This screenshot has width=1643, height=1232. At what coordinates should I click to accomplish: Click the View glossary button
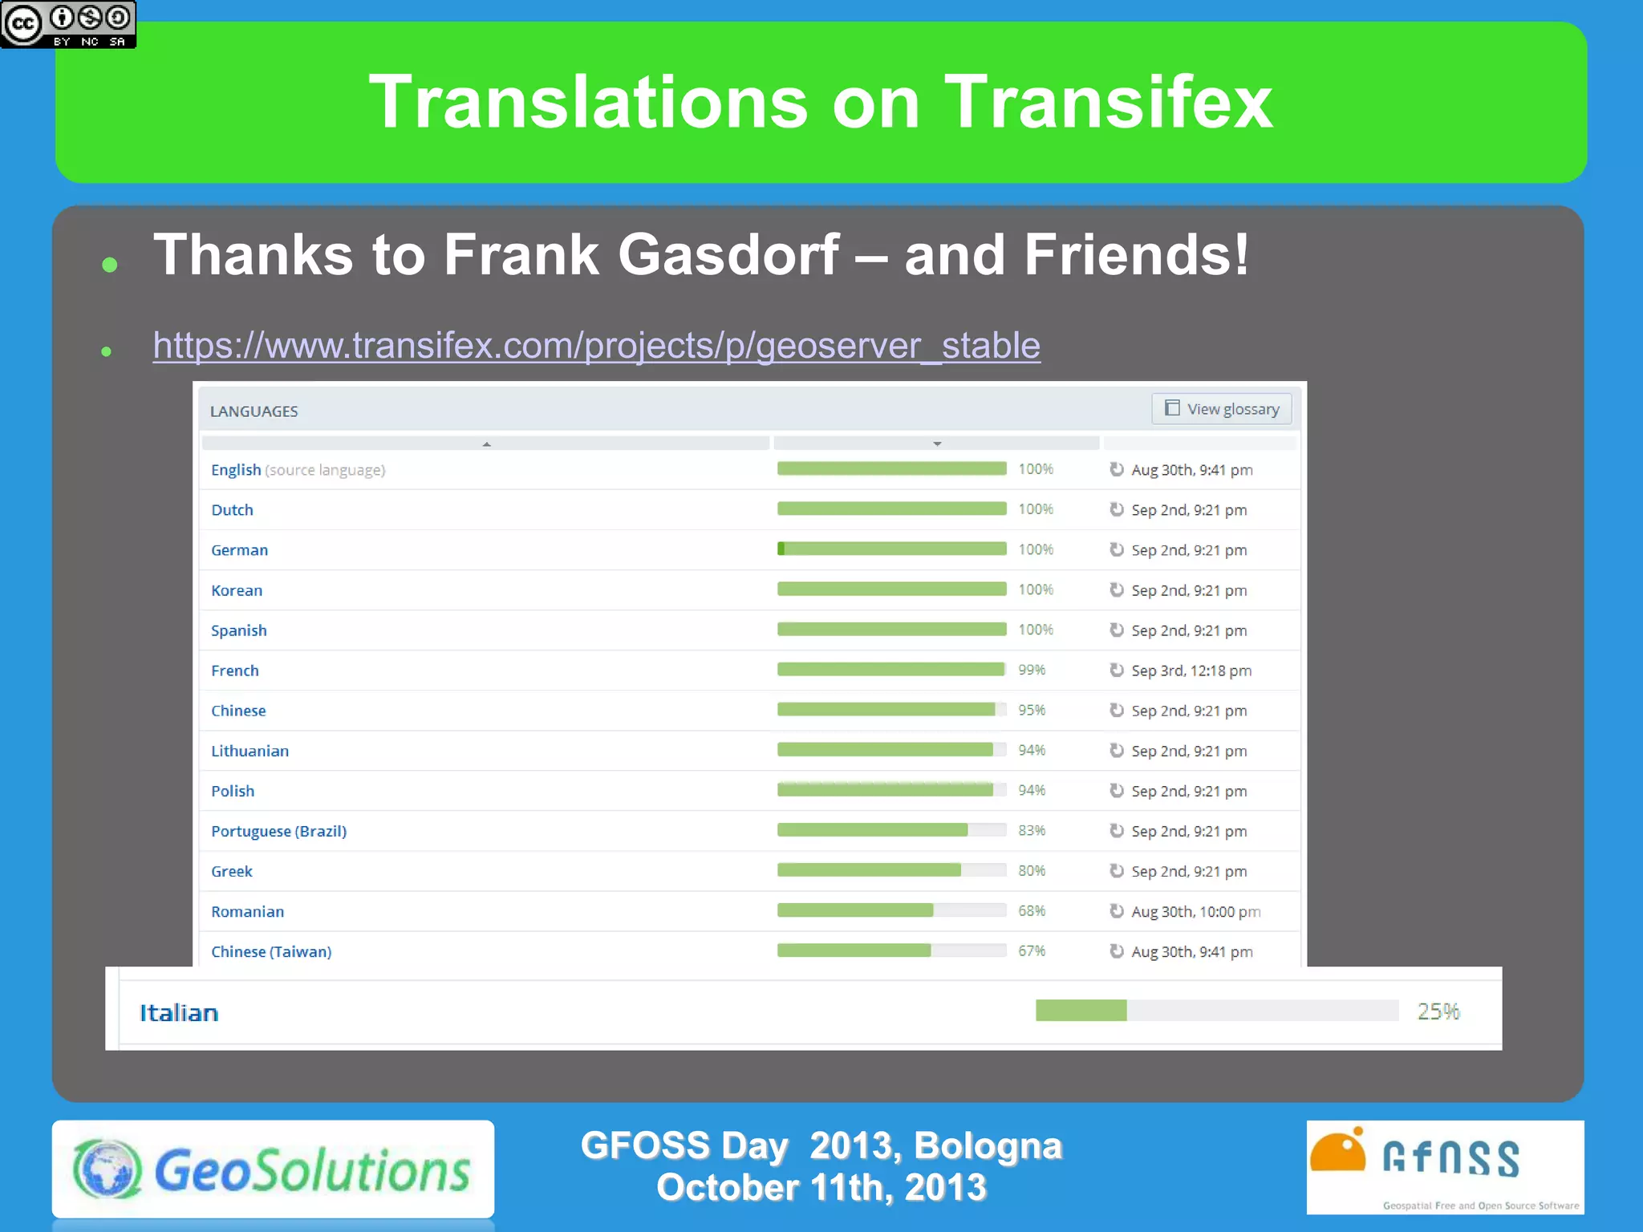pyautogui.click(x=1221, y=409)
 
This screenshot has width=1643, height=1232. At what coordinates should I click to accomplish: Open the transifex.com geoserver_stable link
pyautogui.click(x=596, y=346)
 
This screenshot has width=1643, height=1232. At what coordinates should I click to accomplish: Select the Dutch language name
pyautogui.click(x=232, y=510)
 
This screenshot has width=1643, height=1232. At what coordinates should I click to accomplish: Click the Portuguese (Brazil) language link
pyautogui.click(x=278, y=831)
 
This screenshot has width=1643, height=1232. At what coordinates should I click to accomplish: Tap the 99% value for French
pyautogui.click(x=1032, y=670)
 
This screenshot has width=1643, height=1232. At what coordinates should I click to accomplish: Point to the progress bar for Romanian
pyautogui.click(x=890, y=910)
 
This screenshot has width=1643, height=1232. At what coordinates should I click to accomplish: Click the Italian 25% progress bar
pyautogui.click(x=1216, y=1011)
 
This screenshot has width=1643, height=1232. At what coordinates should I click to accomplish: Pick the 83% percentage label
pyautogui.click(x=1032, y=830)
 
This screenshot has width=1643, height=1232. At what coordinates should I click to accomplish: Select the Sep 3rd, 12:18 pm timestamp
pyautogui.click(x=1191, y=671)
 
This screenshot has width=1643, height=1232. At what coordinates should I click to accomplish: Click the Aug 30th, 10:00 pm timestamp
pyautogui.click(x=1195, y=911)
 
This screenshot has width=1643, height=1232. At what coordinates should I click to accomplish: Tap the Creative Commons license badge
pyautogui.click(x=68, y=25)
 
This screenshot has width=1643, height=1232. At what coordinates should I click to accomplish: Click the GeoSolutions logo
pyautogui.click(x=273, y=1169)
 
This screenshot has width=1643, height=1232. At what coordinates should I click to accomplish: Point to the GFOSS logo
pyautogui.click(x=1444, y=1166)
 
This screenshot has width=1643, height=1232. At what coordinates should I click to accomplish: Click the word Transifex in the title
pyautogui.click(x=1108, y=102)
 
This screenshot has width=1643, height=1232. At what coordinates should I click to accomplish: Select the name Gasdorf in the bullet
pyautogui.click(x=728, y=255)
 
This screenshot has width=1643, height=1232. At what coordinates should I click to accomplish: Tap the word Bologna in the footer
pyautogui.click(x=988, y=1145)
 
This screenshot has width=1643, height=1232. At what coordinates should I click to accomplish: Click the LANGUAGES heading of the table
pyautogui.click(x=254, y=411)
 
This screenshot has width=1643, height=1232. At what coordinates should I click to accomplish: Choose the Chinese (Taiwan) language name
pyautogui.click(x=271, y=951)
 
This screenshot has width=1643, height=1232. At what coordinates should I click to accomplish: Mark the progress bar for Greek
pyautogui.click(x=890, y=870)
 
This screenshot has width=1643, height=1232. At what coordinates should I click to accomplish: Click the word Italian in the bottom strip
pyautogui.click(x=179, y=1013)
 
